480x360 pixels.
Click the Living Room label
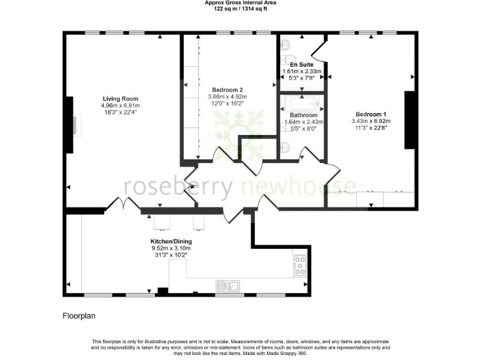(121, 99)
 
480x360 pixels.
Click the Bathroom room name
(303, 115)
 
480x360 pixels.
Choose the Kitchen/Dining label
(171, 241)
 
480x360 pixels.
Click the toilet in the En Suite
(286, 45)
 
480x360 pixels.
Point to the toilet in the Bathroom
(286, 148)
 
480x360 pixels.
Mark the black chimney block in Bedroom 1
(410, 120)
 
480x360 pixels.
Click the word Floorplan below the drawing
(78, 316)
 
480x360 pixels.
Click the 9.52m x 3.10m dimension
(171, 248)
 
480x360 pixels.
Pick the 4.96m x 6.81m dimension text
(121, 106)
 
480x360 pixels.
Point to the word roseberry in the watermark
(178, 186)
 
